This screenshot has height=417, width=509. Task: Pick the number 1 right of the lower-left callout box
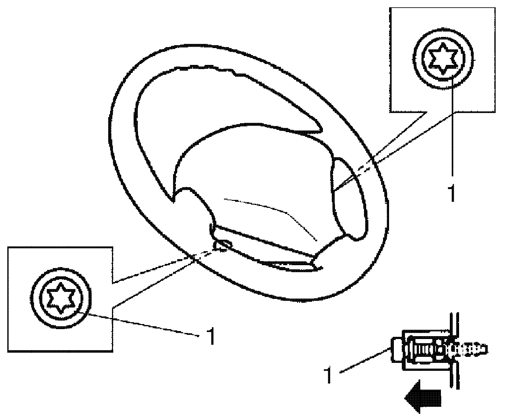[210, 336]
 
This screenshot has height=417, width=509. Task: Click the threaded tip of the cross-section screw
[477, 349]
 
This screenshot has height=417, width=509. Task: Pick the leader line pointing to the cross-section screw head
[366, 360]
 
